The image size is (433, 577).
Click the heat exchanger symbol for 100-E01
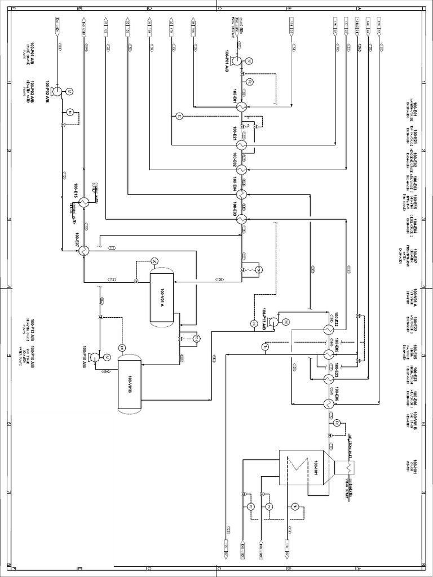241,106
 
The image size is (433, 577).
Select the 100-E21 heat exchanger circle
241,145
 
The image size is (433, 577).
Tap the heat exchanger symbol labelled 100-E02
241,169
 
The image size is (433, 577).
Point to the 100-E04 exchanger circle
241,194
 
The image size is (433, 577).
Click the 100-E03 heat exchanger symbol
241,219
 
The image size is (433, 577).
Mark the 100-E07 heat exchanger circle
83,251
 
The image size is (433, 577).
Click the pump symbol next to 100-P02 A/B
56,91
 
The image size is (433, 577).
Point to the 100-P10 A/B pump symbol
95,357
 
